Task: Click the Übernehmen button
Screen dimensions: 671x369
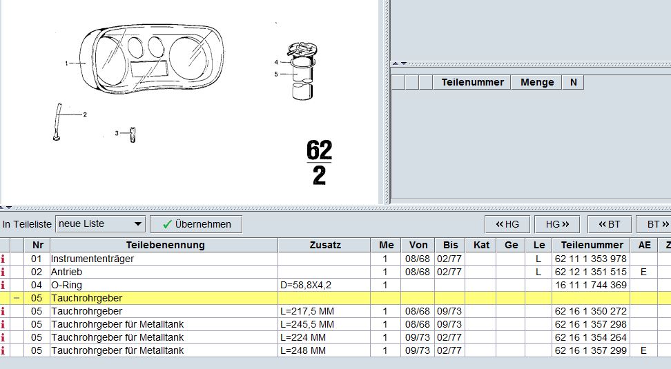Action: coord(196,224)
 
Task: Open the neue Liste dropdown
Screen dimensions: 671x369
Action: coord(100,224)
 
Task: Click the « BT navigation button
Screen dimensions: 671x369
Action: coord(609,224)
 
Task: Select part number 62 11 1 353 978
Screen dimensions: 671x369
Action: coord(590,259)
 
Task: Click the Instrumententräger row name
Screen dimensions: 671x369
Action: coord(92,259)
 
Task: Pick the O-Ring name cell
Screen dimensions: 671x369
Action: coord(66,285)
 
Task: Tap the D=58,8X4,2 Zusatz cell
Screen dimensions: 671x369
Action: coord(306,285)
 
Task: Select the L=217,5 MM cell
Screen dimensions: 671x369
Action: coord(307,311)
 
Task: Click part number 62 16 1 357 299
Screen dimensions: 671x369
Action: coord(590,350)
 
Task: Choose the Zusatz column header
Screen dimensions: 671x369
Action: coord(325,245)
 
